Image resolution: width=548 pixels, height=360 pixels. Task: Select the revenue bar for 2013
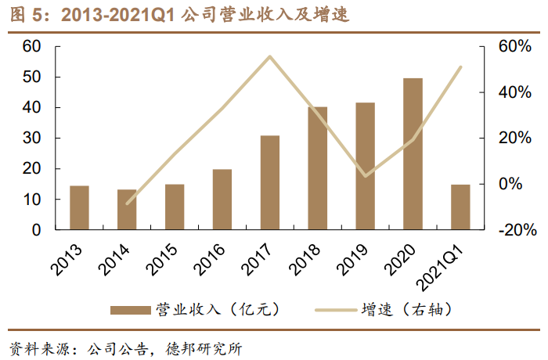[x=79, y=208]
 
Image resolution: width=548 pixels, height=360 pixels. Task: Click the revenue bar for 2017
[x=270, y=183]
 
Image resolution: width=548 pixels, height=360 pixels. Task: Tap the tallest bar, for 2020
[x=413, y=154]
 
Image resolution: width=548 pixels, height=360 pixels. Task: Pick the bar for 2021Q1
[x=460, y=207]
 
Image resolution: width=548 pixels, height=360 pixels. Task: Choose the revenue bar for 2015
[x=175, y=207]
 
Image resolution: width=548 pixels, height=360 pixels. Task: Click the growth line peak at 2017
[x=270, y=56]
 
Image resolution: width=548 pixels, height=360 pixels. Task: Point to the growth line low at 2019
[x=366, y=176]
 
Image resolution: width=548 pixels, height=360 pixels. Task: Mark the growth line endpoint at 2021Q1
[x=461, y=67]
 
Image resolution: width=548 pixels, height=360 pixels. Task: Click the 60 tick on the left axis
[x=31, y=46]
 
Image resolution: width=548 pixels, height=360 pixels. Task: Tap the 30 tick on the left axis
[x=31, y=139]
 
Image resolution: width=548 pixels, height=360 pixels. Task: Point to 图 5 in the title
[x=23, y=14]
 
